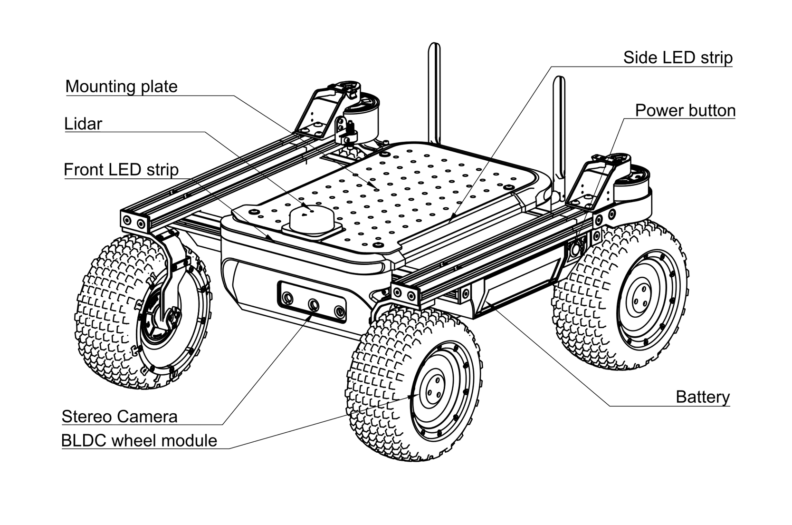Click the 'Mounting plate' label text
click(121, 87)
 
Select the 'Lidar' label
click(83, 124)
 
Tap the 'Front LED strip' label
click(121, 170)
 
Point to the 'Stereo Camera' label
click(120, 416)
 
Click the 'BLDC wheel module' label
click(139, 441)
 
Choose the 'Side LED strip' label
click(678, 58)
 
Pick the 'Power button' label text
click(685, 110)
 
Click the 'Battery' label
click(703, 397)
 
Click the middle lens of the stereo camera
click(313, 305)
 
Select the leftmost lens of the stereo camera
click(287, 297)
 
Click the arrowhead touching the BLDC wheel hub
click(411, 397)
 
